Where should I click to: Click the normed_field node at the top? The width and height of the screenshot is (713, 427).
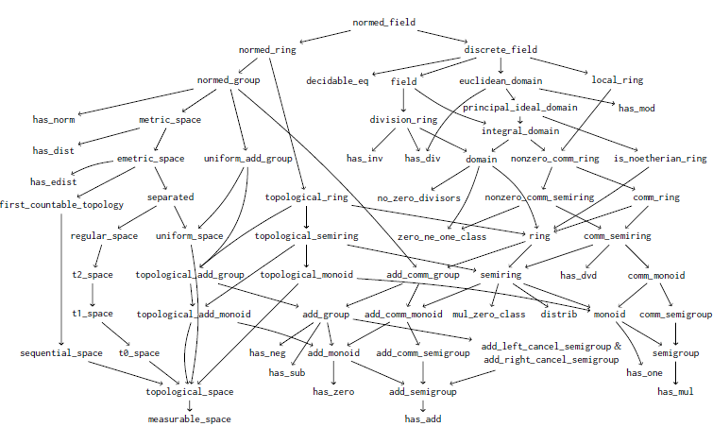[383, 22]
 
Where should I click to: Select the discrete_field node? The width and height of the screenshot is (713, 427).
[501, 49]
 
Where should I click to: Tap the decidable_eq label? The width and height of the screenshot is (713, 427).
[337, 81]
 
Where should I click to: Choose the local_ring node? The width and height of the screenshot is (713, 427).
[618, 81]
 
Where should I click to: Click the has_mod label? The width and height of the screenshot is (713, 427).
[637, 108]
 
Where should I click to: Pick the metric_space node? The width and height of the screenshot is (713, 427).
[170, 120]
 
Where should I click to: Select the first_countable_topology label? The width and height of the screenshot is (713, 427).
[61, 204]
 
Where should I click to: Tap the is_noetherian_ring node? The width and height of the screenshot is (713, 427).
[660, 159]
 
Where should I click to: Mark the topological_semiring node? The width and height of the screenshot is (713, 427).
[307, 235]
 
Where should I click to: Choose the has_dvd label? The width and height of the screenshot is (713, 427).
[579, 275]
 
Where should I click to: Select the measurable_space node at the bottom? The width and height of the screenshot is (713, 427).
[189, 418]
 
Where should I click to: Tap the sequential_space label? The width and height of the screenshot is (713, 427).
[61, 352]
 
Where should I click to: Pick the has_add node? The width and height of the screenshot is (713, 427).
[423, 418]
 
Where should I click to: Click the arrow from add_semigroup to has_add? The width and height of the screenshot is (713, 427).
[423, 404]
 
